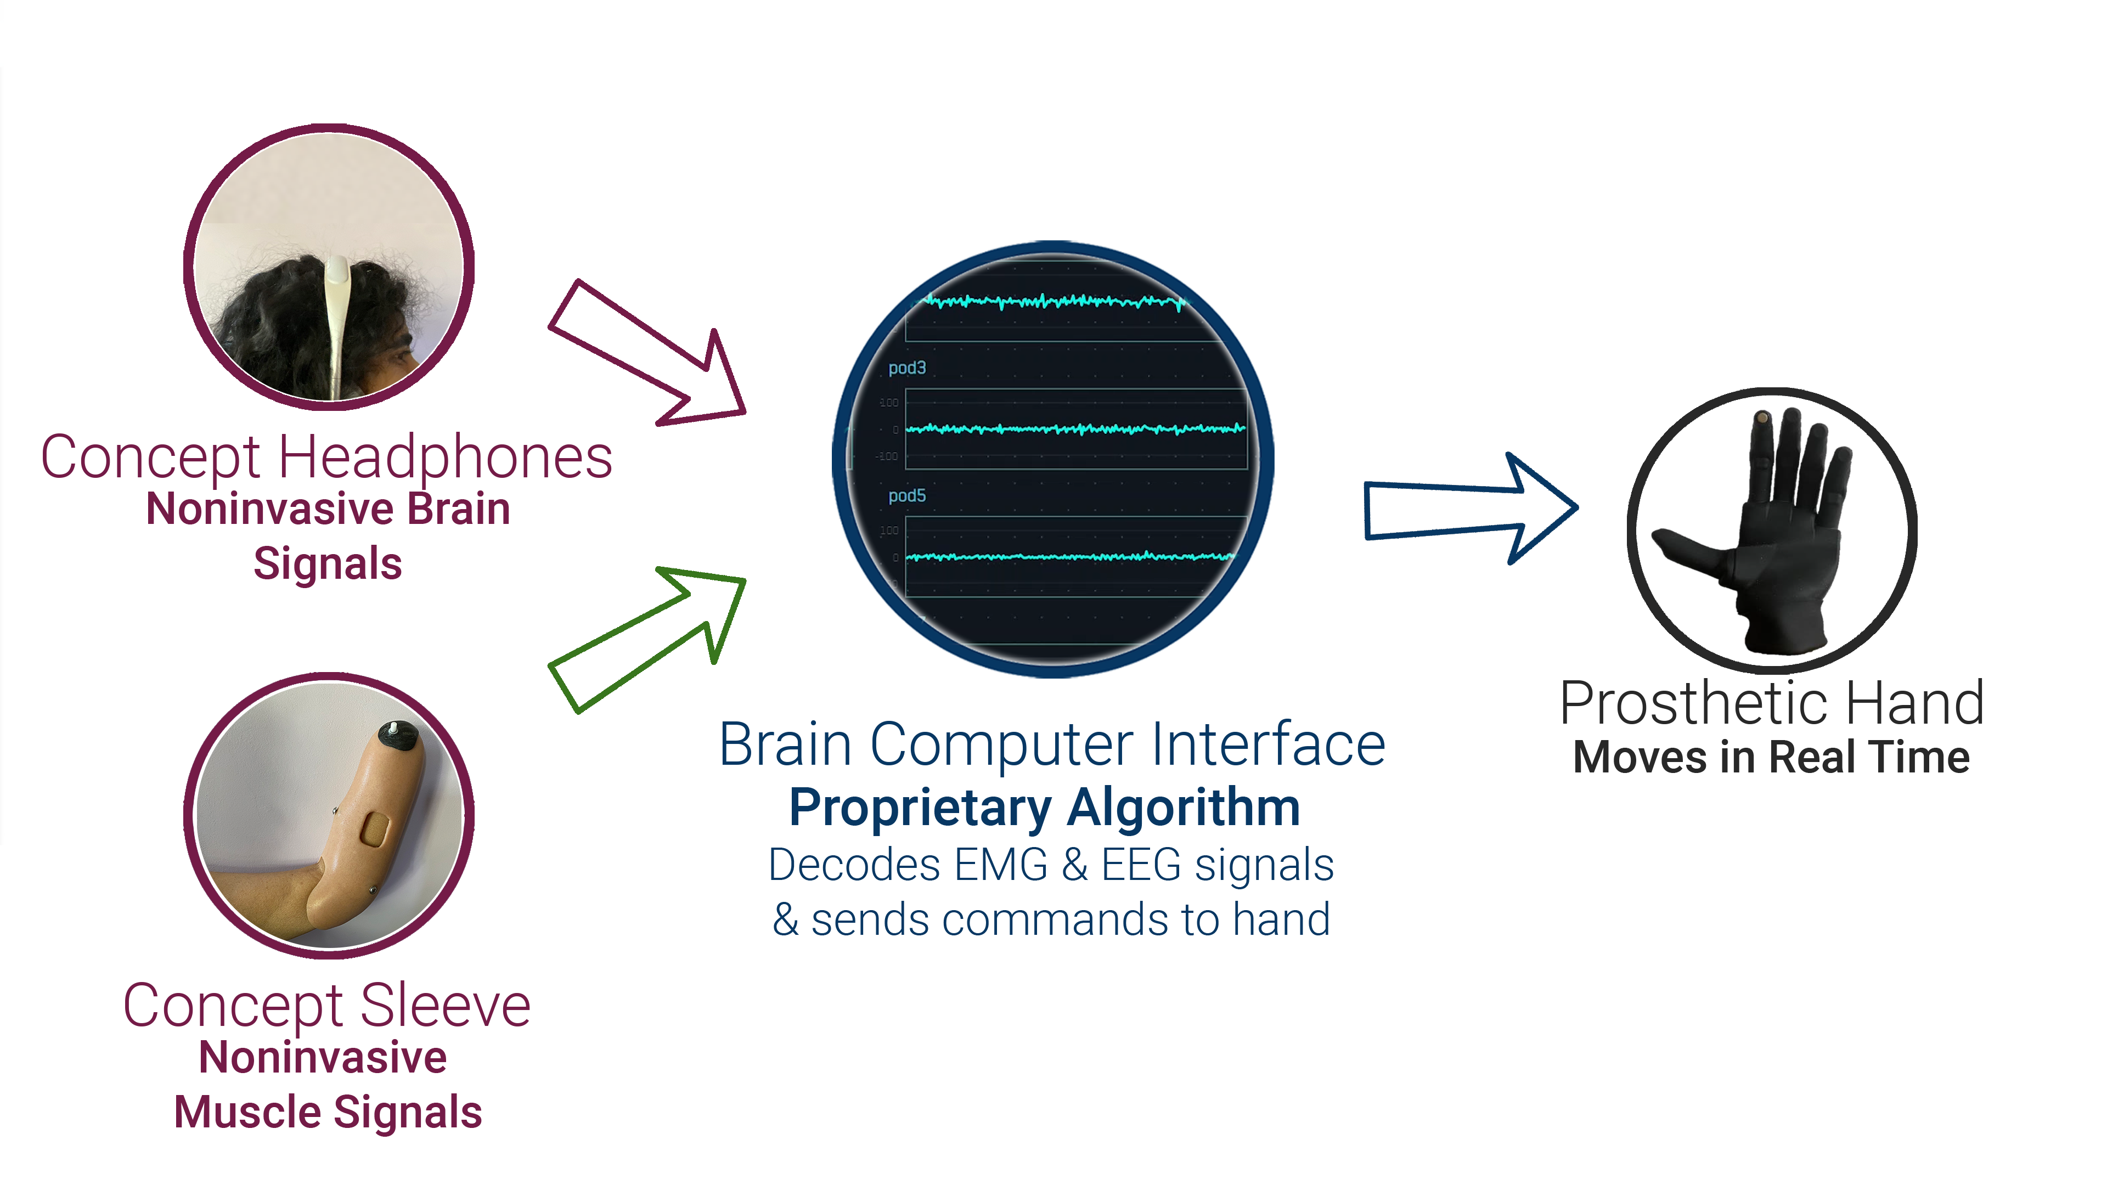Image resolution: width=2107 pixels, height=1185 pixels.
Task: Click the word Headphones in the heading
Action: click(446, 458)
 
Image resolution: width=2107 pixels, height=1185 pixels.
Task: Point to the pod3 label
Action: click(907, 368)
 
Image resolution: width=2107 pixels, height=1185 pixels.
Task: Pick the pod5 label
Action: click(907, 495)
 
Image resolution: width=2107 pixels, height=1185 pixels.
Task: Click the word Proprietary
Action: click(920, 808)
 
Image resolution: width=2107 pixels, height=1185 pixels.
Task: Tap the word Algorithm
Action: click(1184, 808)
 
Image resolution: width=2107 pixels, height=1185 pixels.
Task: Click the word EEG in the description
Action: click(1140, 865)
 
